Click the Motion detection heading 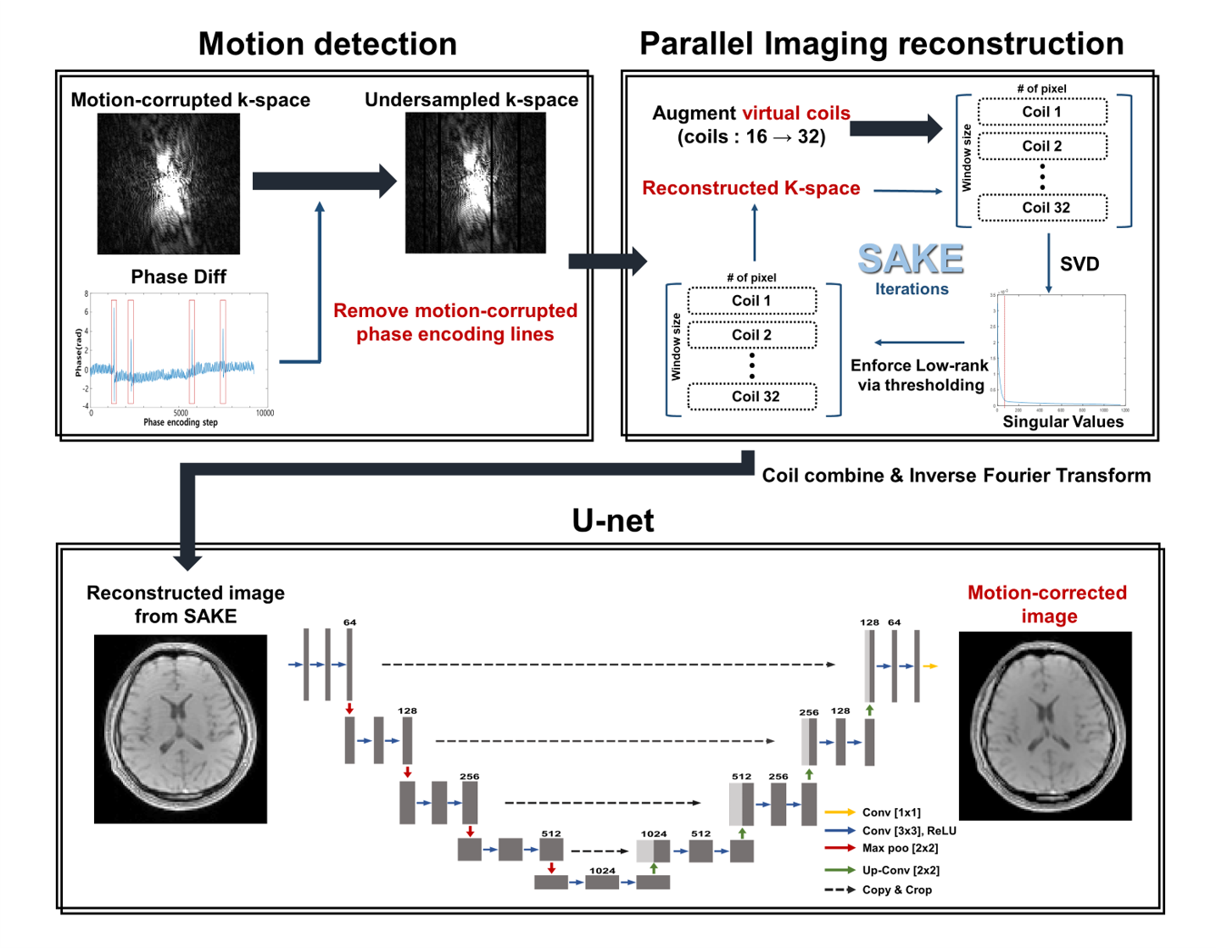click(x=327, y=44)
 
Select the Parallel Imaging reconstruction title click(x=881, y=44)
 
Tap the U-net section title click(x=612, y=521)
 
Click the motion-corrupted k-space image click(x=169, y=184)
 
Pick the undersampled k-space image click(x=475, y=183)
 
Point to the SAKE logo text click(x=911, y=259)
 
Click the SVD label click(x=1079, y=265)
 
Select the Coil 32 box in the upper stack click(x=1043, y=208)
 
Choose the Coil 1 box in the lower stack click(x=752, y=301)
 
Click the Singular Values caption click(x=1063, y=422)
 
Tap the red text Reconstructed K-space click(x=750, y=188)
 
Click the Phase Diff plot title click(x=179, y=277)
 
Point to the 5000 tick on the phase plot click(x=181, y=413)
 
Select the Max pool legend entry click(x=900, y=848)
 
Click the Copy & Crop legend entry click(x=897, y=889)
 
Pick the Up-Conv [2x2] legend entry click(x=901, y=870)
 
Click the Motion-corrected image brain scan click(x=1045, y=726)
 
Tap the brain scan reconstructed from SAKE click(x=181, y=729)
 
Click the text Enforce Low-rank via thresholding click(x=920, y=375)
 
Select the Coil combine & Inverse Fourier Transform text click(x=956, y=476)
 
